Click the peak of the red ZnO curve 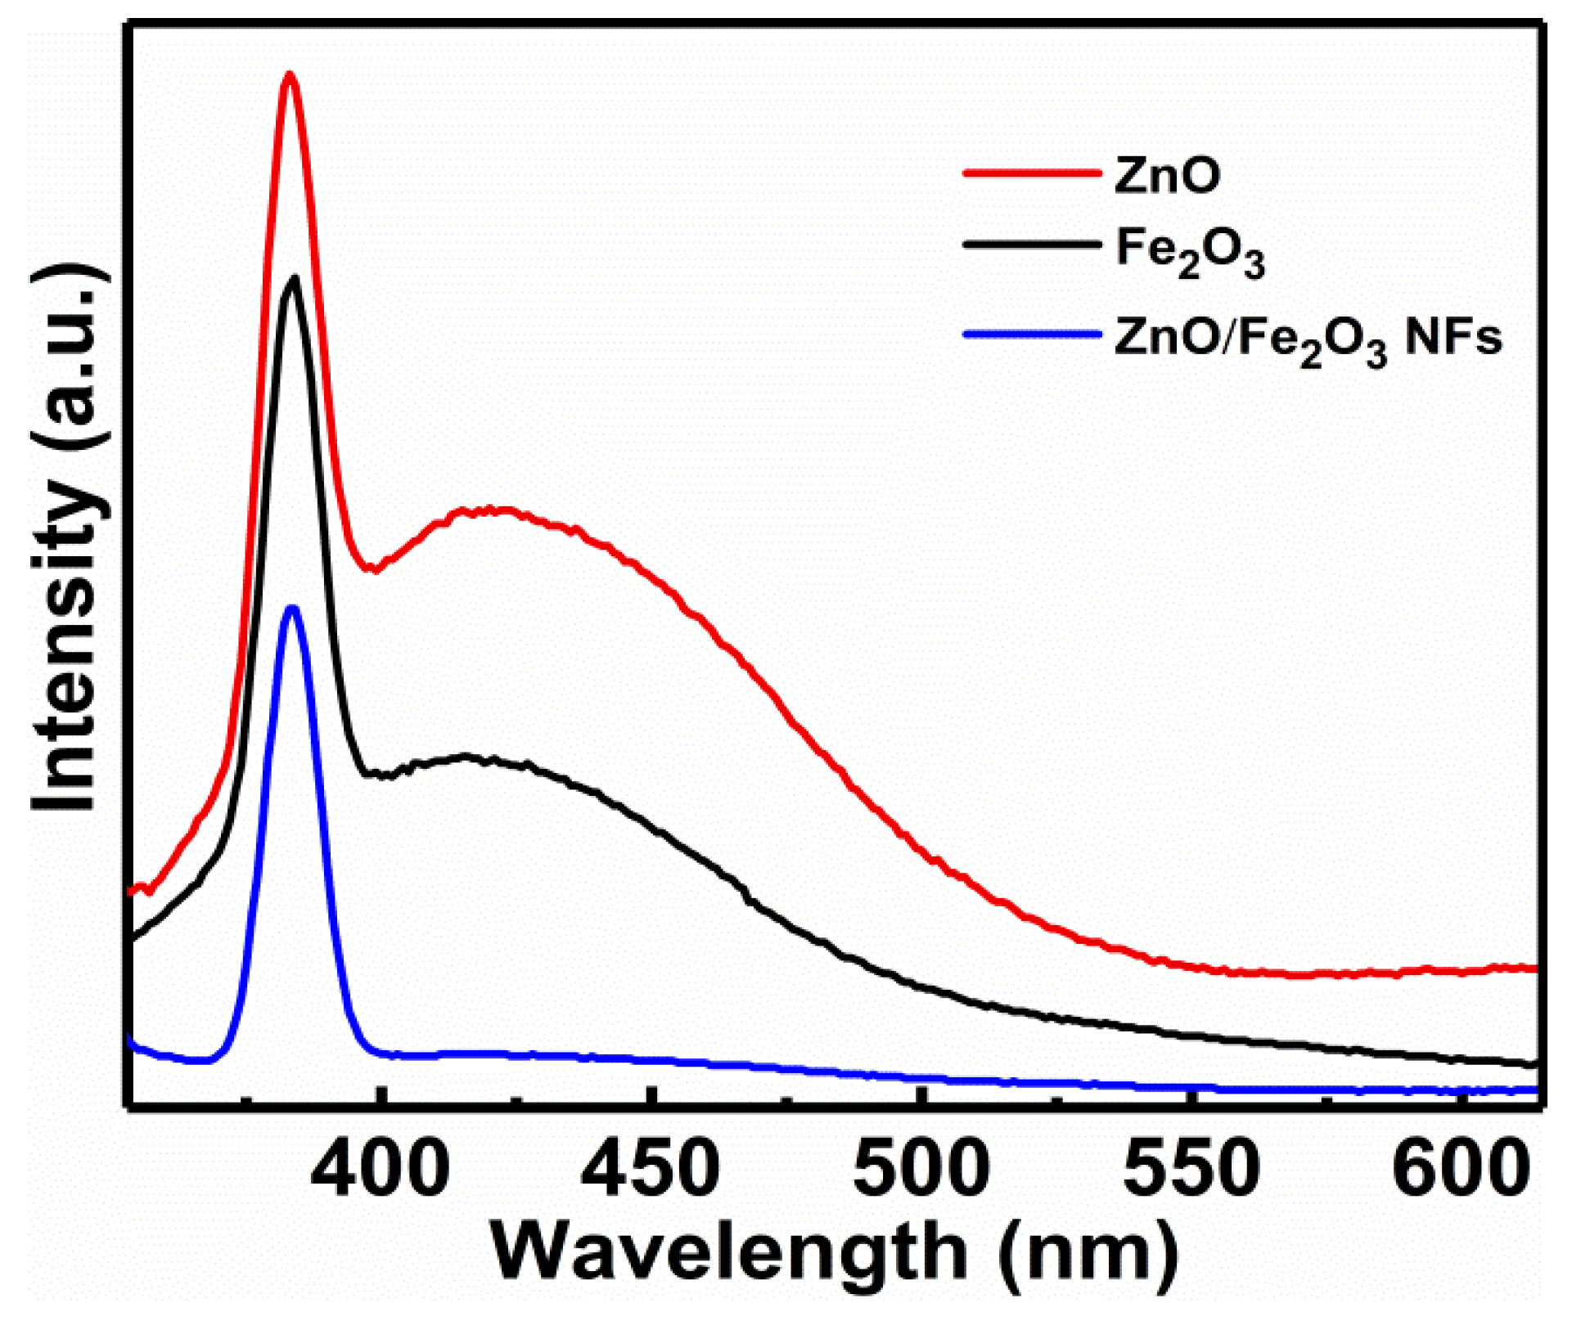(x=288, y=74)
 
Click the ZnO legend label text (x=1167, y=174)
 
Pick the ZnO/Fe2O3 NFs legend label (x=1308, y=339)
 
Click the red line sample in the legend (x=1031, y=173)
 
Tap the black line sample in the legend (x=1031, y=244)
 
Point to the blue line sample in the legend (x=1031, y=334)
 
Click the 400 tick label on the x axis (x=381, y=1168)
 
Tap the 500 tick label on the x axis (x=921, y=1168)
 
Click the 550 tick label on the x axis (x=1191, y=1168)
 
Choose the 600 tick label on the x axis (x=1461, y=1168)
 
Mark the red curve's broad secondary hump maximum (x=491, y=510)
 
